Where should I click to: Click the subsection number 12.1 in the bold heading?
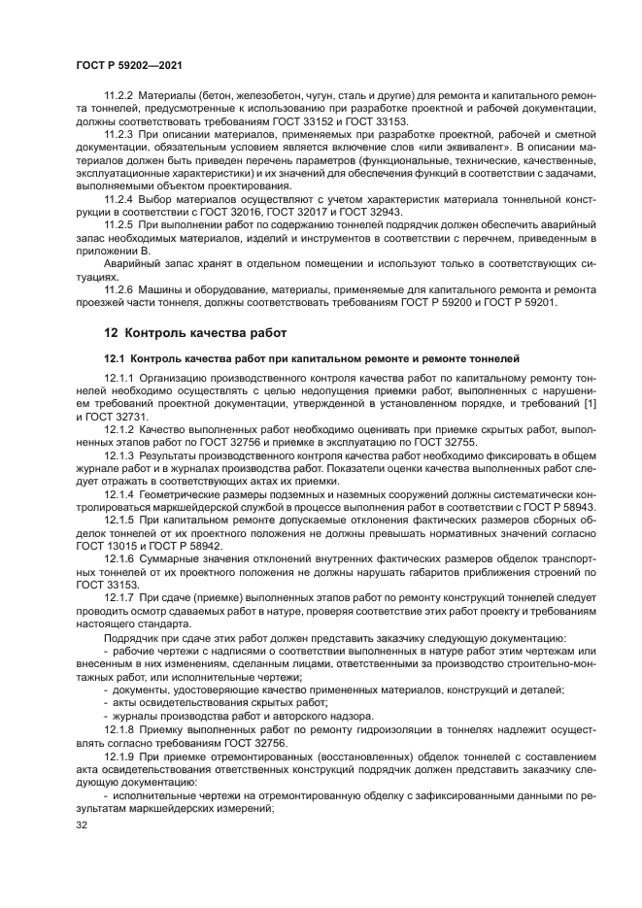click(115, 358)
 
